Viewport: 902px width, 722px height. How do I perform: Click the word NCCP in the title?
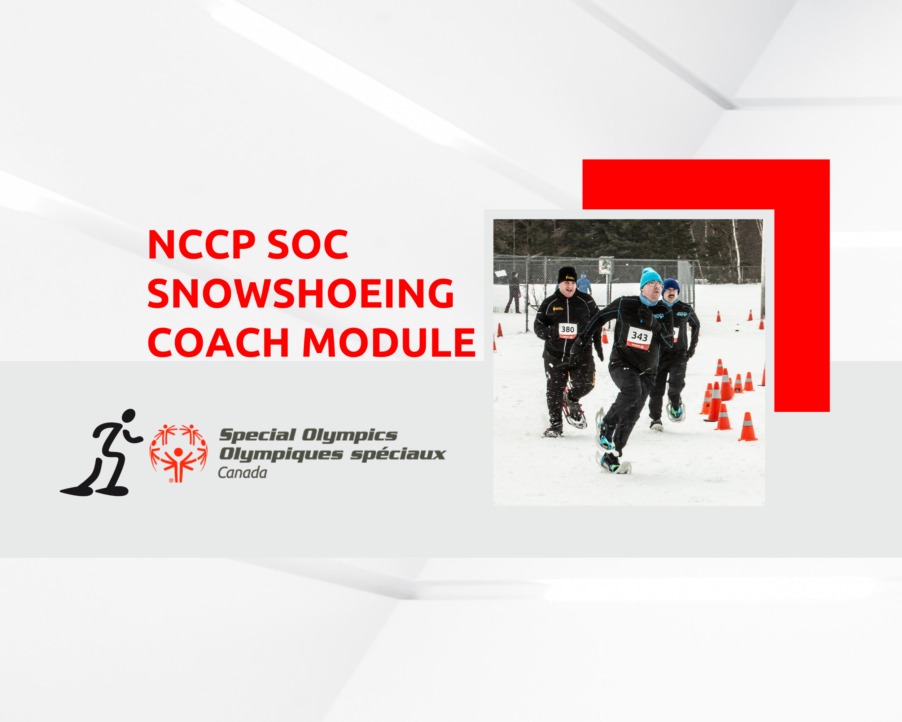coord(201,244)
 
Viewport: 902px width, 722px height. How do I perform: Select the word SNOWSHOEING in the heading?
coord(301,293)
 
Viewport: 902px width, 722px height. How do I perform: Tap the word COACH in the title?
coord(218,342)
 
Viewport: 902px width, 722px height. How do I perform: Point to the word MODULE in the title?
coord(389,342)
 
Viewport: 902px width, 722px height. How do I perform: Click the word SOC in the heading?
coord(307,244)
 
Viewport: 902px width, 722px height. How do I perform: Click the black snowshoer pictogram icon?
coord(101,452)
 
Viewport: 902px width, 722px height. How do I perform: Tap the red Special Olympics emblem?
coord(179,453)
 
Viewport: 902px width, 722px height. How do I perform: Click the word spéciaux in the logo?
coord(398,454)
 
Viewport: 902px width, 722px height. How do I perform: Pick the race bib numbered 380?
coord(568,330)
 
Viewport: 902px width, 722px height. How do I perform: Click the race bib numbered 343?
coord(639,337)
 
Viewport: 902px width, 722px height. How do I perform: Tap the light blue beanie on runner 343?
coord(650,278)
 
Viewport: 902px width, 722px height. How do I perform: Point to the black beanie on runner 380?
coord(567,275)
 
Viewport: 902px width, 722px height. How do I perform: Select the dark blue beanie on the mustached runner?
coord(670,286)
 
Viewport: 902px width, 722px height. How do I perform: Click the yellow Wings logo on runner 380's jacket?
coord(558,309)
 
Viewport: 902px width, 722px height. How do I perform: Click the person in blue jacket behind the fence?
coord(584,284)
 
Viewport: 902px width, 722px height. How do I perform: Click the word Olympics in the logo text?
coord(350,435)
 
